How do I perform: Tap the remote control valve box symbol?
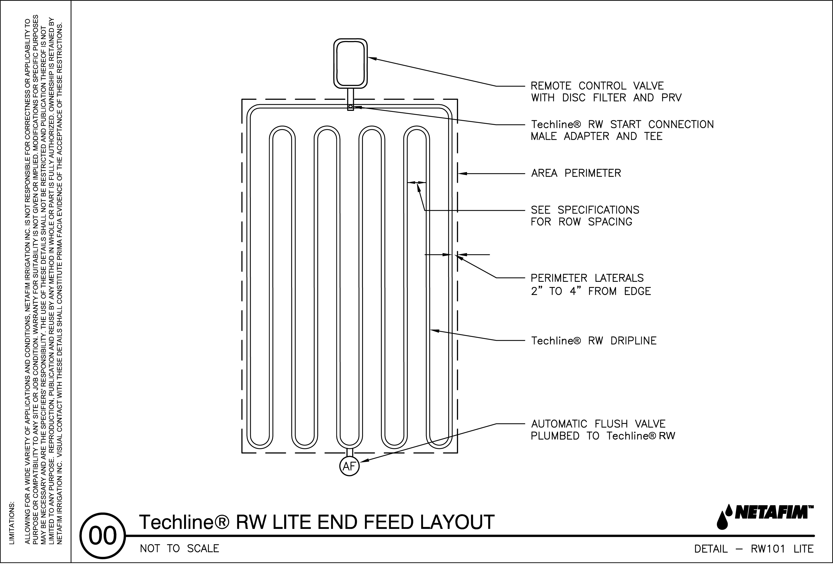(x=350, y=63)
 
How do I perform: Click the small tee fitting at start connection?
(x=350, y=107)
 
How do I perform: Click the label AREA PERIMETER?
(x=576, y=173)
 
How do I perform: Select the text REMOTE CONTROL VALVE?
(x=597, y=86)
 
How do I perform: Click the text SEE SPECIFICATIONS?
(x=585, y=210)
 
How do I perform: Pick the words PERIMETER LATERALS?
(x=587, y=278)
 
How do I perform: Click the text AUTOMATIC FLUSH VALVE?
(x=598, y=424)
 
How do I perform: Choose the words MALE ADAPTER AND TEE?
(x=597, y=137)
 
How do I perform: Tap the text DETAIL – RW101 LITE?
(x=754, y=549)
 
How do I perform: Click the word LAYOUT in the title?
(x=457, y=522)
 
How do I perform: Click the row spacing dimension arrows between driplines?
(x=417, y=182)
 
